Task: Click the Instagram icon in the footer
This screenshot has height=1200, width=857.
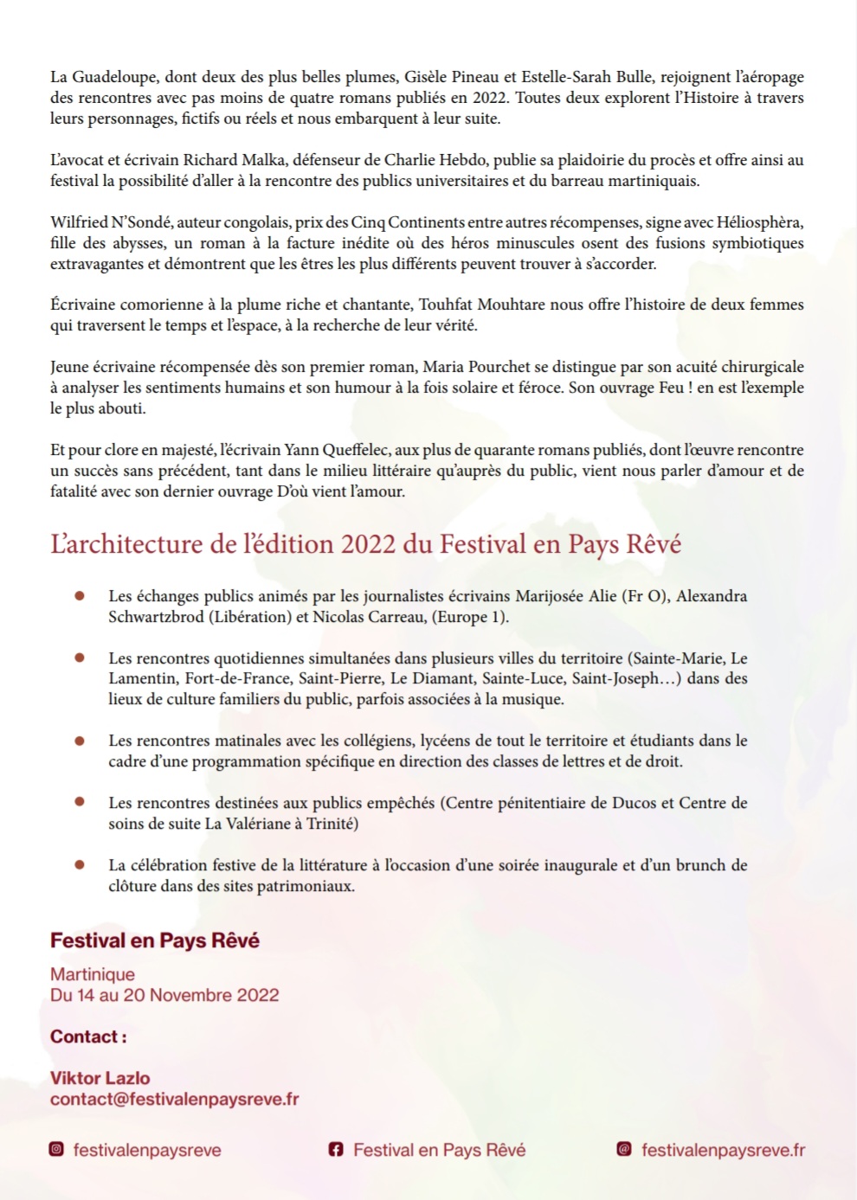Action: coord(56,1150)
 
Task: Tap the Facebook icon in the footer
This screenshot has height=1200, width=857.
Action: coord(336,1150)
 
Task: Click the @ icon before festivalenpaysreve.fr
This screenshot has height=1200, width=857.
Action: coord(623,1150)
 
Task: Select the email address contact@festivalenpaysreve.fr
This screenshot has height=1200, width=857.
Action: coord(174,1099)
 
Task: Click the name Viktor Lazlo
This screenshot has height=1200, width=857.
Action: coord(100,1078)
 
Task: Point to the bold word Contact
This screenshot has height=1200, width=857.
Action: coord(84,1036)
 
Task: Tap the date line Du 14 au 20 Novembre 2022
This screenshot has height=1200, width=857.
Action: coord(164,995)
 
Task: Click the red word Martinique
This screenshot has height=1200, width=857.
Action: coord(93,974)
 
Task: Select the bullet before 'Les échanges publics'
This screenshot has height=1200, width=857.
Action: coord(80,596)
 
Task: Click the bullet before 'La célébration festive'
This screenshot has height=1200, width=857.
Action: coord(80,865)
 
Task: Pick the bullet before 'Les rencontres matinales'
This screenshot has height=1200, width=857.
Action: coord(80,741)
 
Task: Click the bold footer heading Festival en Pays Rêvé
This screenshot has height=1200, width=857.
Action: coord(155,940)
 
